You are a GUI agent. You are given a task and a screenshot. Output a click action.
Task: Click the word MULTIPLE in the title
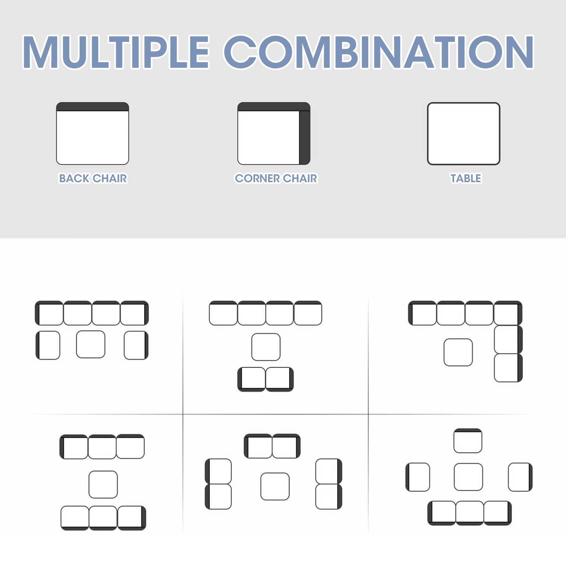click(x=116, y=52)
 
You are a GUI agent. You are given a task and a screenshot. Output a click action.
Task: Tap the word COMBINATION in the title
click(x=379, y=52)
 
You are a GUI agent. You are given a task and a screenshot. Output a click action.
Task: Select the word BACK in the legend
click(x=74, y=178)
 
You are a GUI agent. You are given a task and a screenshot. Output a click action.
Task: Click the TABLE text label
click(x=466, y=178)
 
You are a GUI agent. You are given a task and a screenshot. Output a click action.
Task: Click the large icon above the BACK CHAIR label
click(x=93, y=133)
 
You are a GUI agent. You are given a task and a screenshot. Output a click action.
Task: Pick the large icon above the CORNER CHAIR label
click(x=274, y=133)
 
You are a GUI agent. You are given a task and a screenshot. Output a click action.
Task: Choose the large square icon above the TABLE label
click(x=463, y=134)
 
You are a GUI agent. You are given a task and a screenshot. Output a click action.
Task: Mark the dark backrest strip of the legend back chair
click(x=93, y=106)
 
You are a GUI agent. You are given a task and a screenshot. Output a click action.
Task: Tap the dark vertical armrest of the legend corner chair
click(x=305, y=138)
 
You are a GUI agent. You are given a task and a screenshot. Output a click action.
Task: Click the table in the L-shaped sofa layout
click(x=458, y=352)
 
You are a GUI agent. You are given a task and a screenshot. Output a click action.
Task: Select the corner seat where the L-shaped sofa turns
click(x=508, y=313)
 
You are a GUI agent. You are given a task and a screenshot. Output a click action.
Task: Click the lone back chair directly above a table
click(x=468, y=441)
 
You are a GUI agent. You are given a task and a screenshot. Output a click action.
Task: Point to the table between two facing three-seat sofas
click(x=103, y=484)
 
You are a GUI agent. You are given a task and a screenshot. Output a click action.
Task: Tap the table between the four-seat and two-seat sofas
click(x=266, y=347)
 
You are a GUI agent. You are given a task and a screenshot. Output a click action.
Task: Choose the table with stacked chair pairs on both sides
click(x=275, y=486)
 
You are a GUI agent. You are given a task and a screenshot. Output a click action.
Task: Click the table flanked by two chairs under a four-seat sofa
click(x=91, y=344)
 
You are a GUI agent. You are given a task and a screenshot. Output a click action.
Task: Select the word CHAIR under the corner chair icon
click(x=300, y=178)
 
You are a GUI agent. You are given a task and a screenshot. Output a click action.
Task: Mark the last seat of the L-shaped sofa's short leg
click(x=508, y=368)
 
